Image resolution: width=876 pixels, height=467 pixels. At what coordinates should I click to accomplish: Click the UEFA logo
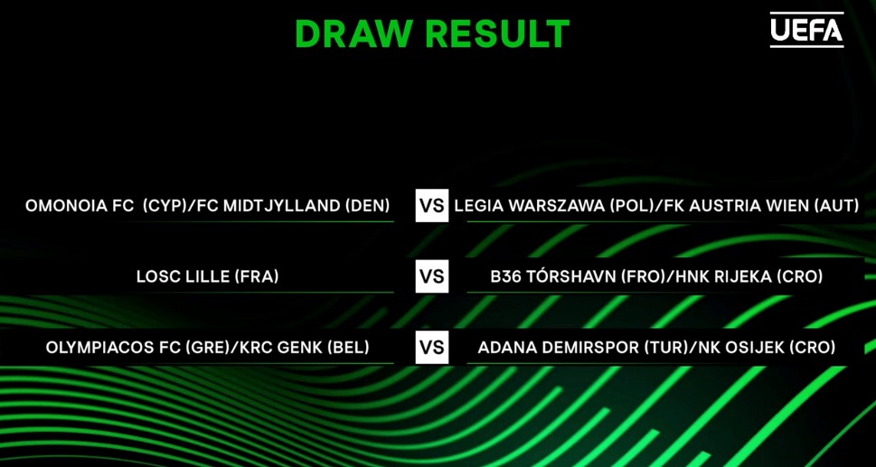(806, 30)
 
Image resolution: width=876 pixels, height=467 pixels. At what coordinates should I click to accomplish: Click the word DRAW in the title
(356, 33)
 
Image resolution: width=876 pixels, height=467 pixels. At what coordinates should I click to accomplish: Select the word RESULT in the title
(498, 33)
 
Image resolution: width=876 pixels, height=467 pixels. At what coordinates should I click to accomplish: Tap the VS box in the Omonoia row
(432, 205)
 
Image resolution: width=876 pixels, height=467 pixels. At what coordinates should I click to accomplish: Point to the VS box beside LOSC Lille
(432, 276)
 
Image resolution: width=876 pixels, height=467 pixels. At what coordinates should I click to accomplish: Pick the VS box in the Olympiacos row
(432, 347)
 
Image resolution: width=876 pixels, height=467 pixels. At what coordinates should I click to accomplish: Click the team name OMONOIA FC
(80, 206)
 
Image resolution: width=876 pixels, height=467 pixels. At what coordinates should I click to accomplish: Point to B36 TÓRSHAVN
(551, 276)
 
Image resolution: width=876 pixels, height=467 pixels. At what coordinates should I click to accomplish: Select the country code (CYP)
(165, 206)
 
